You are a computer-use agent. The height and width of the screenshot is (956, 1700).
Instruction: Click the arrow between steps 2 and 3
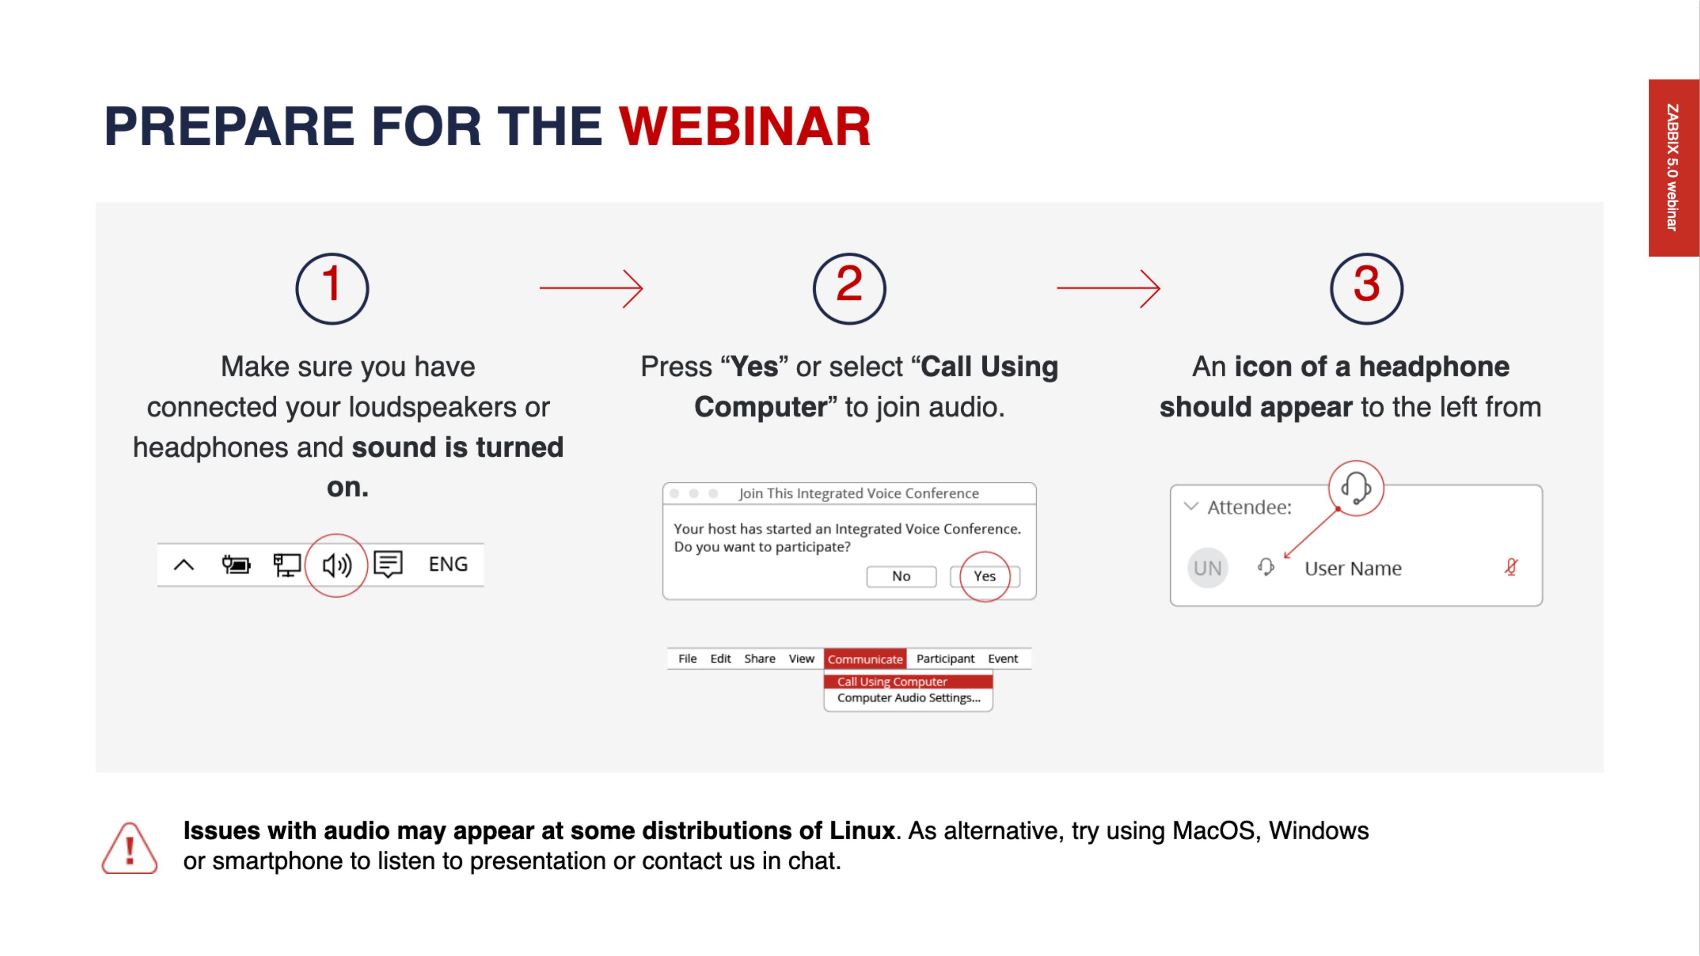coord(1109,288)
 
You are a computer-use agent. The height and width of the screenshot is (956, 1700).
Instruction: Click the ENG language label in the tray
coord(448,564)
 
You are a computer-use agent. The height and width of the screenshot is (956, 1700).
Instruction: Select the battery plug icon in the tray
coord(236,565)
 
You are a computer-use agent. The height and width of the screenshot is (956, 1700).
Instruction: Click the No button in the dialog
coord(901,576)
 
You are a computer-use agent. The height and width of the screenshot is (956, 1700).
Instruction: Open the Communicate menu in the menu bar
coord(865,659)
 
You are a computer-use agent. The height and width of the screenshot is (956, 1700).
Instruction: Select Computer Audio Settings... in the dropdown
coord(909,698)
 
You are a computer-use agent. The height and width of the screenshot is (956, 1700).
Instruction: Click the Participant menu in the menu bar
coord(945,659)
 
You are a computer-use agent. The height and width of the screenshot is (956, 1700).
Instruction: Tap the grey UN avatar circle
coord(1208,567)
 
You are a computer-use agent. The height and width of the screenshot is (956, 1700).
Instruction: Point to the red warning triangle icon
coord(129,848)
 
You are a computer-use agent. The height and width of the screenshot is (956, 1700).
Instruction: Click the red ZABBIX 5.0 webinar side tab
coord(1673,168)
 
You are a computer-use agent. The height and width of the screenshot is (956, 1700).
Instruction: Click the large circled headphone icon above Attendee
coord(1356,488)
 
